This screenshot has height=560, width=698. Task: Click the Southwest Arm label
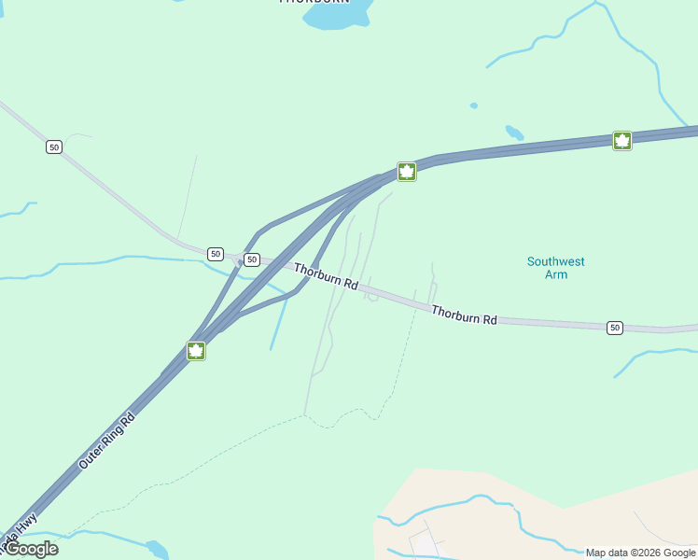click(555, 268)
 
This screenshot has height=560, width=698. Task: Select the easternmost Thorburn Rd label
click(464, 314)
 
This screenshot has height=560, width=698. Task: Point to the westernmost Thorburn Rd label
click(327, 276)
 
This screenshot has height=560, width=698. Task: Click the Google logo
click(31, 549)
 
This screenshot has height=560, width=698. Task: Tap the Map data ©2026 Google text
click(640, 553)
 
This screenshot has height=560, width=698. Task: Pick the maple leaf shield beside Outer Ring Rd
click(196, 351)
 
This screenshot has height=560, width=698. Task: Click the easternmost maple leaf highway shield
click(622, 141)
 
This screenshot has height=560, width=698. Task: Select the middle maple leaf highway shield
click(406, 171)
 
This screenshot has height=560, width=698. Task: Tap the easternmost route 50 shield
click(614, 327)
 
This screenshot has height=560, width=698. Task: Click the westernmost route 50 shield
click(54, 147)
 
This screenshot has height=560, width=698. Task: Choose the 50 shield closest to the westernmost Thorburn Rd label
click(252, 259)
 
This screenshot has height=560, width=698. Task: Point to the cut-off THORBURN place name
click(314, 2)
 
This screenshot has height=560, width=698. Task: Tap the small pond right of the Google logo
click(156, 549)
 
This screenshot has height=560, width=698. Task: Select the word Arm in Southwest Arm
click(555, 274)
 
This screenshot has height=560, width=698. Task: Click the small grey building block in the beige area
click(424, 541)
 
